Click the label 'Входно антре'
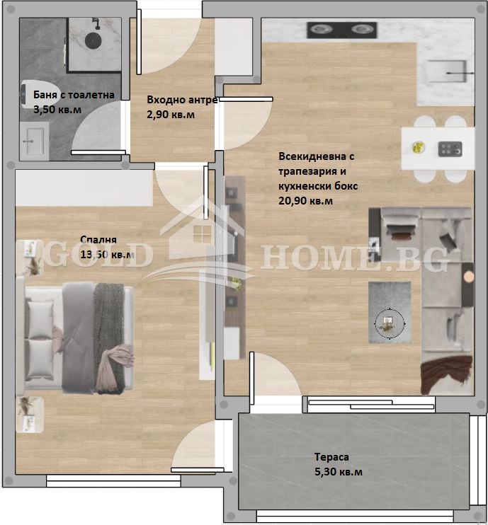tap(182, 100)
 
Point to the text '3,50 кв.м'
tap(57, 110)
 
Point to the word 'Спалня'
tap(98, 239)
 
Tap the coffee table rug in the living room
tap(389, 312)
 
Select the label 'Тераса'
tap(333, 457)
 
